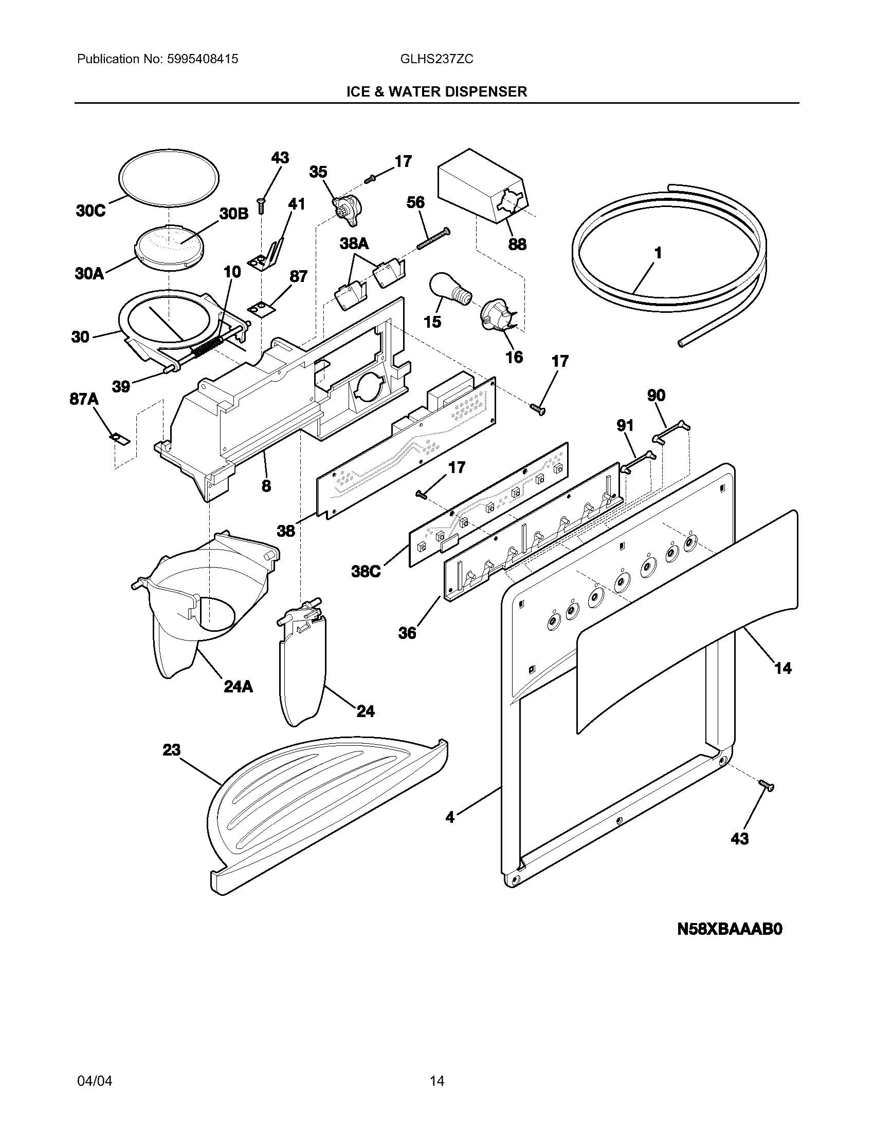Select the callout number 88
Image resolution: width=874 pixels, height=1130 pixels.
pyautogui.click(x=517, y=244)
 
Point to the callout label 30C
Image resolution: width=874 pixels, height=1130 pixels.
pyautogui.click(x=90, y=212)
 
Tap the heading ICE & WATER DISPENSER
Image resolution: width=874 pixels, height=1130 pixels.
pyautogui.click(x=436, y=92)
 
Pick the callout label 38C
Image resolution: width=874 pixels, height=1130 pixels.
pyautogui.click(x=366, y=572)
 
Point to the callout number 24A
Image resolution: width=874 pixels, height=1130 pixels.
pyautogui.click(x=238, y=687)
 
